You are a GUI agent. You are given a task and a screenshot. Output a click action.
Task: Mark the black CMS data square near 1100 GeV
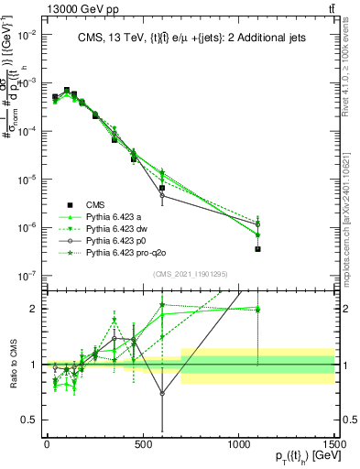point(258,248)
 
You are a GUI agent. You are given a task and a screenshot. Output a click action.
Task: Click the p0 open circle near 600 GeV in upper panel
point(162,195)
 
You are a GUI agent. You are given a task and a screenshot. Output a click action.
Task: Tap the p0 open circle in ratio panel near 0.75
point(162,393)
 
